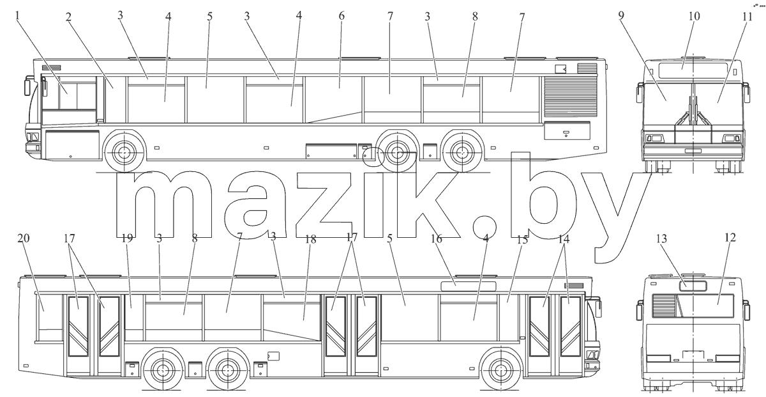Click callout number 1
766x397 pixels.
[18, 16]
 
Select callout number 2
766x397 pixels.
[68, 17]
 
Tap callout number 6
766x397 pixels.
[342, 16]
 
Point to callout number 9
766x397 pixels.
[621, 16]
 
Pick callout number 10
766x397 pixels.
[695, 16]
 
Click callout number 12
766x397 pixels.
[730, 237]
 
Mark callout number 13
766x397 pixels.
[661, 238]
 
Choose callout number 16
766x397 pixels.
[437, 238]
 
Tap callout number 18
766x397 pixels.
[310, 239]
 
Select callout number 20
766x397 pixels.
[24, 238]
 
